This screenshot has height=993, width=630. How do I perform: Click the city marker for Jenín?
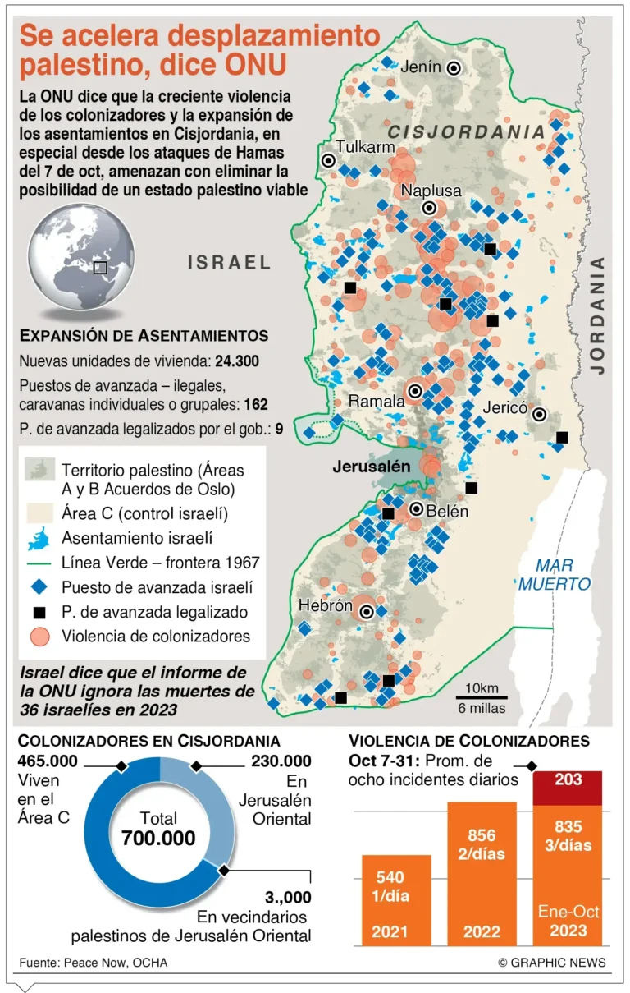[x=452, y=69]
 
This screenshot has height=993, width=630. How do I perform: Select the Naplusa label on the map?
[x=431, y=191]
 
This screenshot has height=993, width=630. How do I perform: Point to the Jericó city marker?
[x=540, y=415]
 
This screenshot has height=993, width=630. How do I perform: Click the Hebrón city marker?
[x=367, y=611]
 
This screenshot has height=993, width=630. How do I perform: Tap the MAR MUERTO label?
[x=554, y=575]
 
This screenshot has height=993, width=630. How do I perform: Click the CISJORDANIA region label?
[x=466, y=132]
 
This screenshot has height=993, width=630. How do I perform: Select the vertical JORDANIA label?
[x=598, y=315]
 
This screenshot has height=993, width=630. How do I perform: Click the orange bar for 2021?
[x=396, y=899]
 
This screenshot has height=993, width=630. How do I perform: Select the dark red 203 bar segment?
[x=567, y=788]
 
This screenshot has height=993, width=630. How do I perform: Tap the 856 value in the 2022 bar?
[x=482, y=836]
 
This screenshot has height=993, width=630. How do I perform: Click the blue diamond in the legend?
[x=39, y=587]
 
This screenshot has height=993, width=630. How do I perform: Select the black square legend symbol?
[x=39, y=611]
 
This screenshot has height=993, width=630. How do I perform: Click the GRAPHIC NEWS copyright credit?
[x=551, y=962]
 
